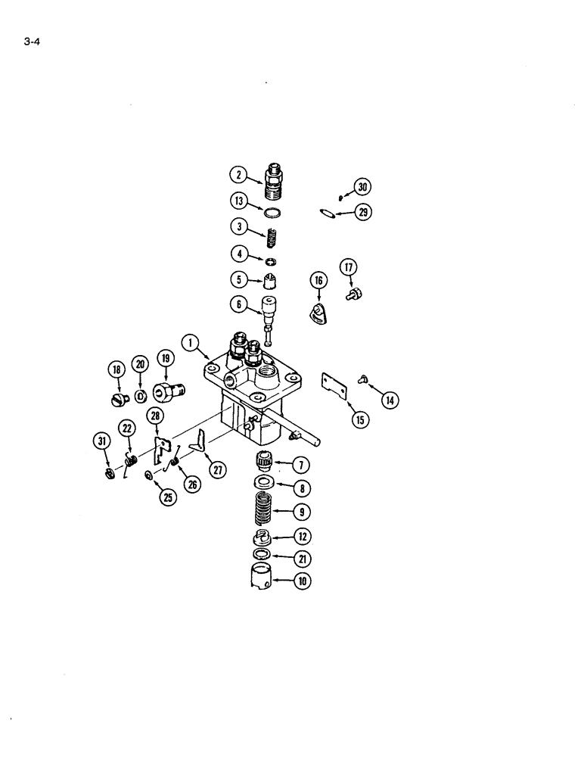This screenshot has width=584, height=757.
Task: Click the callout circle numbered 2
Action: pyautogui.click(x=238, y=176)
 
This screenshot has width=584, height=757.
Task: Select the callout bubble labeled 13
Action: pyautogui.click(x=238, y=201)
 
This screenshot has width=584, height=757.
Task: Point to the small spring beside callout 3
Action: pyautogui.click(x=271, y=237)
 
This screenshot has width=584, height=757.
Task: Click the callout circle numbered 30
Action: pyautogui.click(x=362, y=187)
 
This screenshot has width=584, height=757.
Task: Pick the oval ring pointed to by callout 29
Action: pyautogui.click(x=326, y=213)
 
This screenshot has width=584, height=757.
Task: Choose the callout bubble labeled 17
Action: pyautogui.click(x=349, y=267)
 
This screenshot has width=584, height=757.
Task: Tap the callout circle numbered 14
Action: pyautogui.click(x=389, y=400)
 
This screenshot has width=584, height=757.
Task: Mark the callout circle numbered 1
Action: pyautogui.click(x=191, y=343)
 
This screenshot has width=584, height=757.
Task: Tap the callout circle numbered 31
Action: pyautogui.click(x=102, y=442)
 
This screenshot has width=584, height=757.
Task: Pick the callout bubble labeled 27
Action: pyautogui.click(x=219, y=470)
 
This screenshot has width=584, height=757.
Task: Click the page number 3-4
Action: pyautogui.click(x=31, y=42)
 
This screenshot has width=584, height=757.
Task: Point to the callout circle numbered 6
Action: pyautogui.click(x=238, y=305)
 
